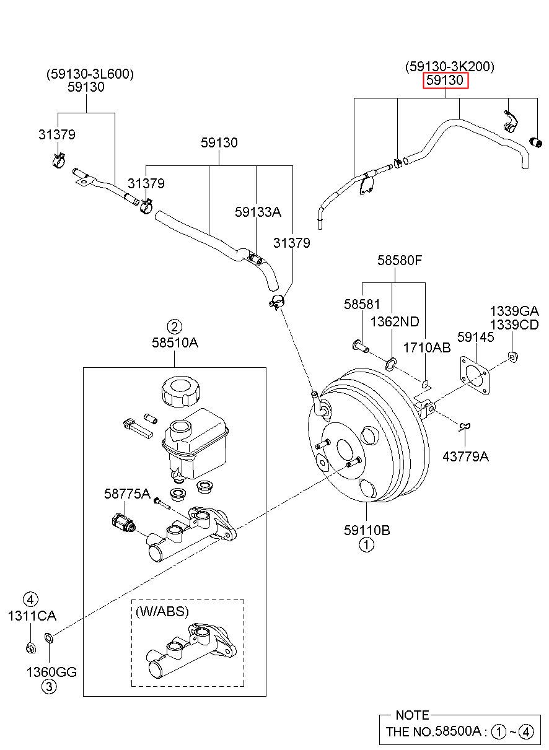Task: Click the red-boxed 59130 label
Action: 445,81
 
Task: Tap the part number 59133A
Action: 258,212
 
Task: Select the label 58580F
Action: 400,260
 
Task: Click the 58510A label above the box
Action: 175,342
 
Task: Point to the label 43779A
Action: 465,456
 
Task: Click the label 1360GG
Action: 51,672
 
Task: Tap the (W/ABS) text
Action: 162,611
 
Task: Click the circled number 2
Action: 175,326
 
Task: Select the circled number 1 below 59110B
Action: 366,545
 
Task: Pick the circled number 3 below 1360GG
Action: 49,687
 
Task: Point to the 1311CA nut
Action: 31,648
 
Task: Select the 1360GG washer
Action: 48,637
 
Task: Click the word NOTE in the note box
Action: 412,715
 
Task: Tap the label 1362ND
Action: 395,322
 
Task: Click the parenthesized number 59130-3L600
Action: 90,74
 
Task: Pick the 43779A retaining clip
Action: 465,426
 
